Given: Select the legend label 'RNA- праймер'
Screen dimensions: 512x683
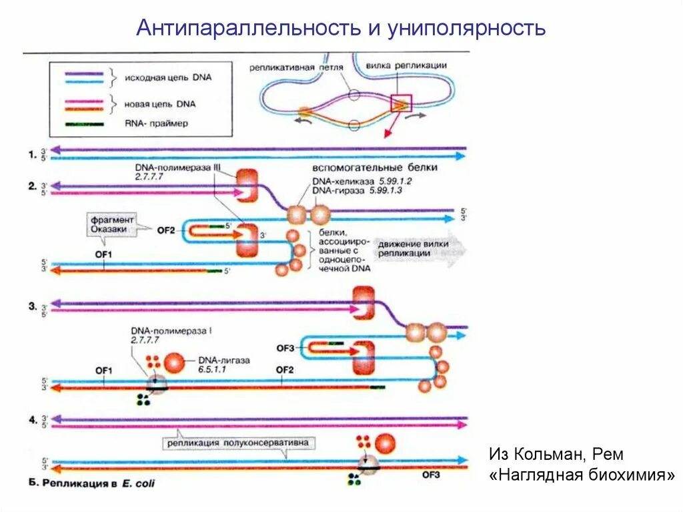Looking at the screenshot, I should (x=156, y=123).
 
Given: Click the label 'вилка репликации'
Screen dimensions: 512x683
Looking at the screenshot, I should (x=406, y=65).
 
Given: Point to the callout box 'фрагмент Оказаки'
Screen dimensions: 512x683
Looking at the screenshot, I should (x=111, y=224).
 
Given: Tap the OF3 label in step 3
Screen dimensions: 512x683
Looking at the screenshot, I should (x=285, y=347).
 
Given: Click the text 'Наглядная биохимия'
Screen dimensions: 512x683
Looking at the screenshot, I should (x=581, y=475).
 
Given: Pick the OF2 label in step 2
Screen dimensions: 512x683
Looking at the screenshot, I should (x=166, y=230).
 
